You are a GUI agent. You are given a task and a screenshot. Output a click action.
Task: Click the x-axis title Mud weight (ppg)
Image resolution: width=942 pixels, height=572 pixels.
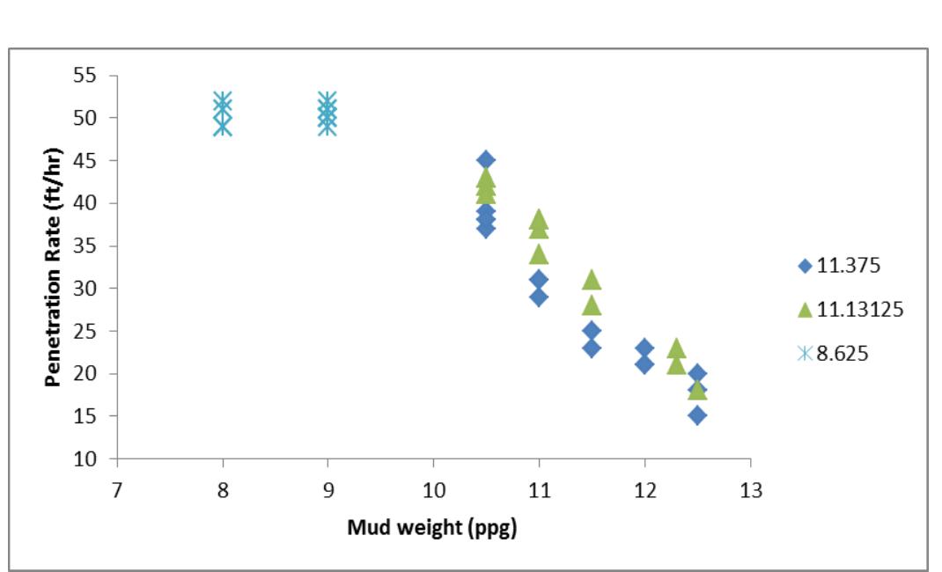point(431,528)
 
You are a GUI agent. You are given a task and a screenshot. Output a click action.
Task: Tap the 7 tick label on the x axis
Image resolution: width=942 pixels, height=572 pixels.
point(117,490)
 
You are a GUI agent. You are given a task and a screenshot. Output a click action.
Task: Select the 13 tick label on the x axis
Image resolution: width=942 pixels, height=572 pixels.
point(750,490)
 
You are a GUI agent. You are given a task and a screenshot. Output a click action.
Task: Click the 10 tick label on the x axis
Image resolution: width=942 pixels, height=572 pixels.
point(433,490)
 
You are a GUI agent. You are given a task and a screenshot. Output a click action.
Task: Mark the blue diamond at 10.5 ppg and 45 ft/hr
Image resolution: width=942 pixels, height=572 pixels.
point(486,160)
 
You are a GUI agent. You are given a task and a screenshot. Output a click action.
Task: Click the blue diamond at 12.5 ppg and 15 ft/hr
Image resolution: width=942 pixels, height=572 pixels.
point(697,415)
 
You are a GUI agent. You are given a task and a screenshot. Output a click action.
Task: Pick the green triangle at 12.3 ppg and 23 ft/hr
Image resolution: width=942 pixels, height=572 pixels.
point(676,348)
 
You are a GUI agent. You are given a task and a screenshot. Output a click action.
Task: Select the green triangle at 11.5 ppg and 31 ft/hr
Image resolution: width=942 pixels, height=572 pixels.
point(592,279)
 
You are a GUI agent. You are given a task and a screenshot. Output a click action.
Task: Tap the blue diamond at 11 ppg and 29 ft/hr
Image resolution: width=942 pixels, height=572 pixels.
point(539,297)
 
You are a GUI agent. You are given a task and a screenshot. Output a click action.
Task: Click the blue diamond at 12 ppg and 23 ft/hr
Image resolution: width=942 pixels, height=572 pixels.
point(644,348)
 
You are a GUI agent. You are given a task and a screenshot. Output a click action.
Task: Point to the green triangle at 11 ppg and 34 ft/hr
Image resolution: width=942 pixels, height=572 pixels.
point(539,254)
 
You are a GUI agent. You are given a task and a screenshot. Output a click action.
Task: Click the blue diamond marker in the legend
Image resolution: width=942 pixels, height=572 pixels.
point(804,266)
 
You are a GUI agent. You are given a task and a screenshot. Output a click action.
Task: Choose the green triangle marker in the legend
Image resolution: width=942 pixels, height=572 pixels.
point(804,309)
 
